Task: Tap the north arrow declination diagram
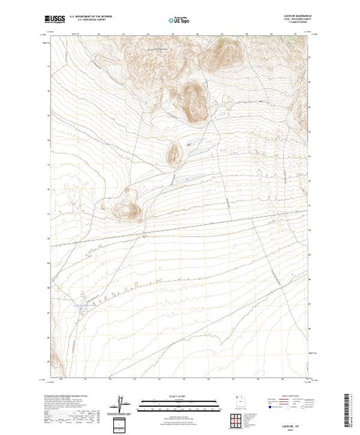[123, 404]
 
